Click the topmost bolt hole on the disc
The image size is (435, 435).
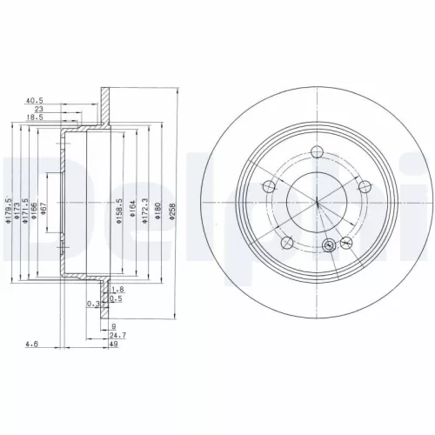318,153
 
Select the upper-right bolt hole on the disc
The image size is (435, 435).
365,184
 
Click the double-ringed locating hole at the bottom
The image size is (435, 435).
328,245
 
